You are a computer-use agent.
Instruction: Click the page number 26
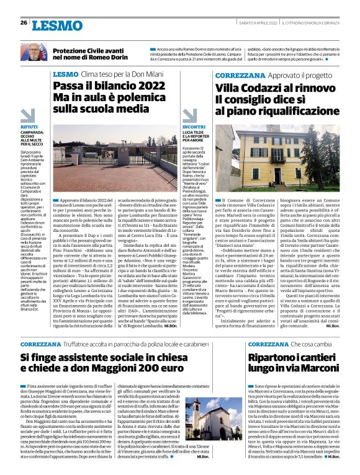click(x=24, y=23)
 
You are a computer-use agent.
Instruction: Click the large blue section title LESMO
click(x=56, y=25)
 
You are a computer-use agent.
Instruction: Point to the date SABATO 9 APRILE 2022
click(x=253, y=23)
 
